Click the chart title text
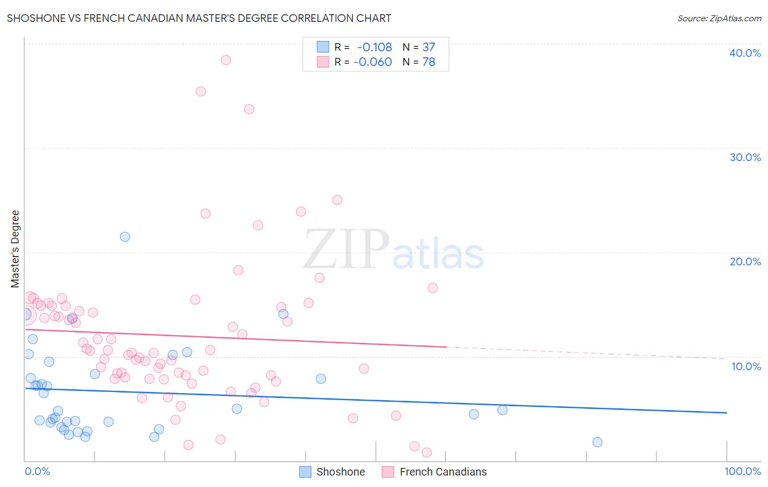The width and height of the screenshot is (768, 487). pyautogui.click(x=199, y=18)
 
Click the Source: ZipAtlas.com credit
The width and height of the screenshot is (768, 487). pyautogui.click(x=719, y=18)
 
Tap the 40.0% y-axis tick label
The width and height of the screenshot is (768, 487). pyautogui.click(x=745, y=53)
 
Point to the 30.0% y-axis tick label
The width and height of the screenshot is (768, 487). pyautogui.click(x=745, y=157)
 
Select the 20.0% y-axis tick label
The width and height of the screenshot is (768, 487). pyautogui.click(x=745, y=262)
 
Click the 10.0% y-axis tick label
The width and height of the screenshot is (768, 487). pyautogui.click(x=746, y=366)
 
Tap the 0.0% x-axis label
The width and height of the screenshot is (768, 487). pyautogui.click(x=37, y=471)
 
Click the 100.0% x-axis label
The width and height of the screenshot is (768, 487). pyautogui.click(x=742, y=471)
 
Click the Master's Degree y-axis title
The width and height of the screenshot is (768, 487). pyautogui.click(x=15, y=248)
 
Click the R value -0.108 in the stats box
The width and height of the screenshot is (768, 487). pyautogui.click(x=374, y=47)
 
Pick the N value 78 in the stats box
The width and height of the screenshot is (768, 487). pyautogui.click(x=428, y=62)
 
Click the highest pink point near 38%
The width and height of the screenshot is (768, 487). pyautogui.click(x=226, y=60)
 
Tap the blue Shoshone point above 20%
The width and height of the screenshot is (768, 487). pyautogui.click(x=125, y=237)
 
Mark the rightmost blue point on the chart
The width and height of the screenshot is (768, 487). pyautogui.click(x=597, y=442)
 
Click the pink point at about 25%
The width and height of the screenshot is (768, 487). pyautogui.click(x=337, y=200)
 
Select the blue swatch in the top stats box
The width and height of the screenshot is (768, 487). pyautogui.click(x=323, y=47)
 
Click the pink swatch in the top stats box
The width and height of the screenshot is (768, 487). pyautogui.click(x=323, y=62)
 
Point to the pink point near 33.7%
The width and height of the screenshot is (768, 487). pyautogui.click(x=249, y=109)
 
